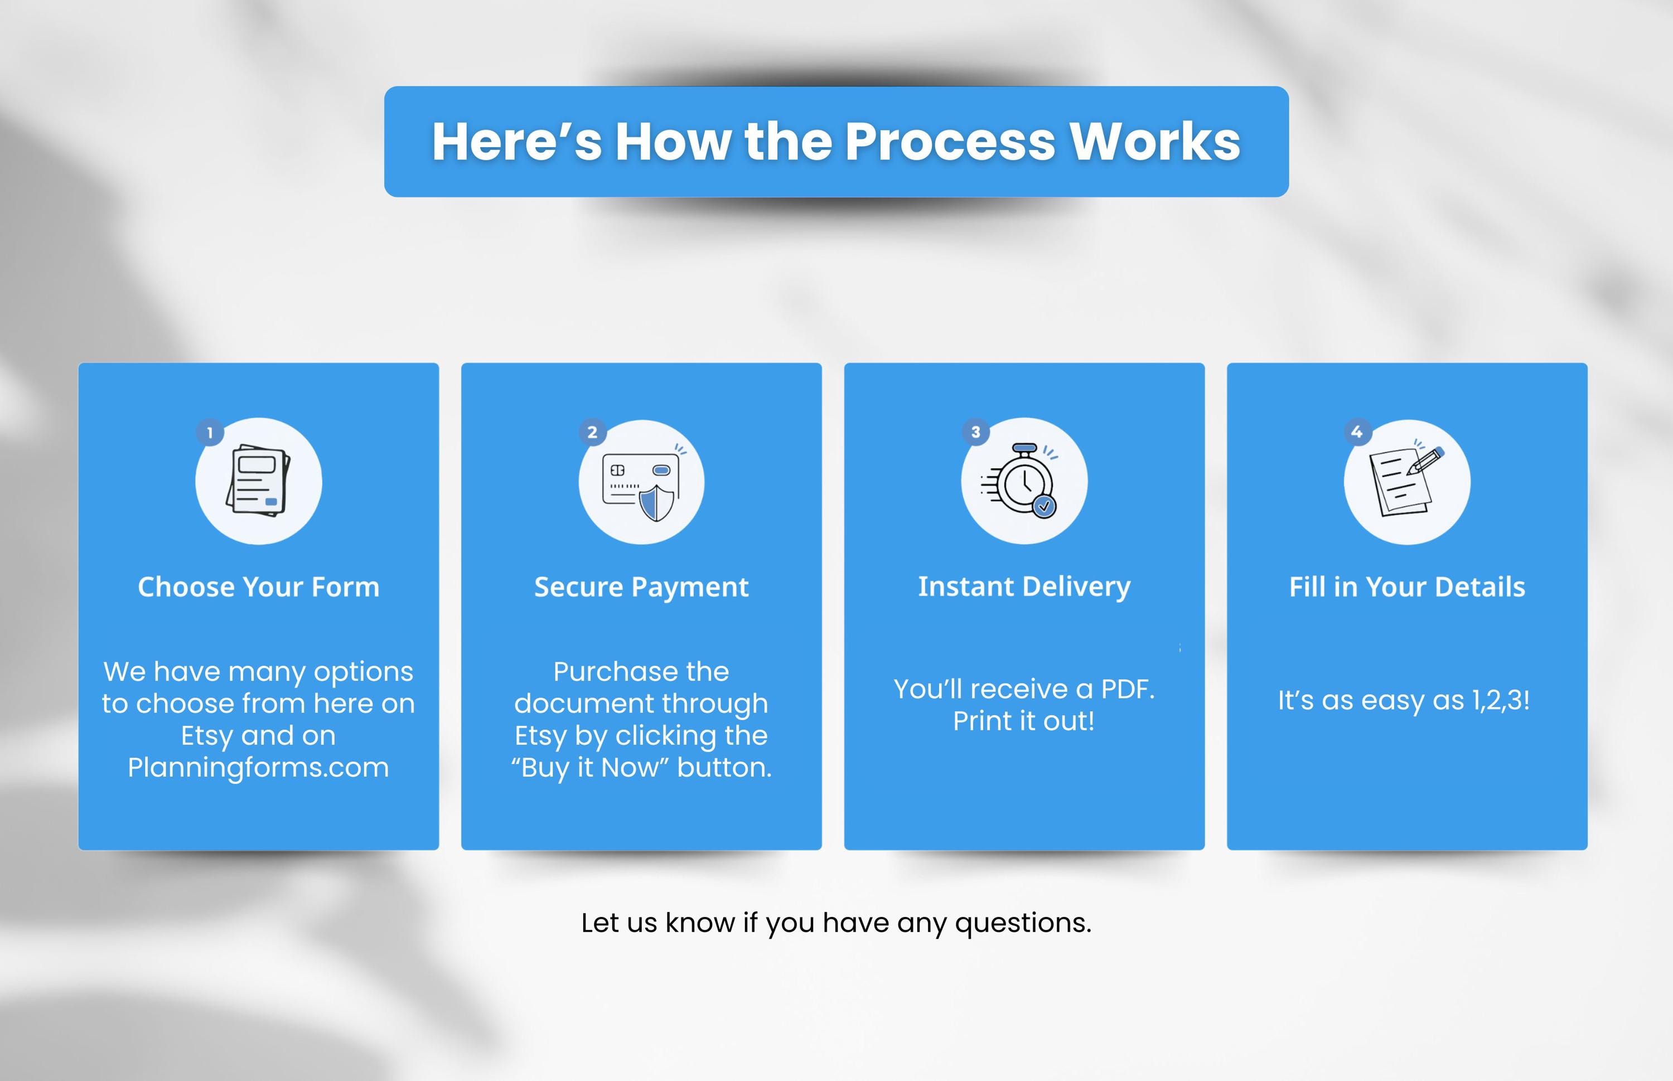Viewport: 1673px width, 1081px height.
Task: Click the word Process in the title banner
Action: [x=950, y=142]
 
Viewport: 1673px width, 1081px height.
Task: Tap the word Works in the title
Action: [x=1155, y=142]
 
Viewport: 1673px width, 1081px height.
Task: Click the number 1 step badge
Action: [x=210, y=433]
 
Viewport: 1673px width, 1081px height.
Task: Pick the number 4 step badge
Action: [x=1357, y=432]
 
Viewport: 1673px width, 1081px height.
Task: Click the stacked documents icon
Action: [x=258, y=481]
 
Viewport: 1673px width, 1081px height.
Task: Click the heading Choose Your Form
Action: [x=258, y=587]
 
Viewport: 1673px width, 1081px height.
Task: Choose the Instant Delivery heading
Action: [x=1024, y=588]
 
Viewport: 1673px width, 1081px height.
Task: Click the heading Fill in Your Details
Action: [x=1407, y=587]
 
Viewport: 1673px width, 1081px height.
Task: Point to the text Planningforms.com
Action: [x=258, y=768]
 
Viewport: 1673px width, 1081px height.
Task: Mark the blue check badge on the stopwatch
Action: [x=1045, y=506]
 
